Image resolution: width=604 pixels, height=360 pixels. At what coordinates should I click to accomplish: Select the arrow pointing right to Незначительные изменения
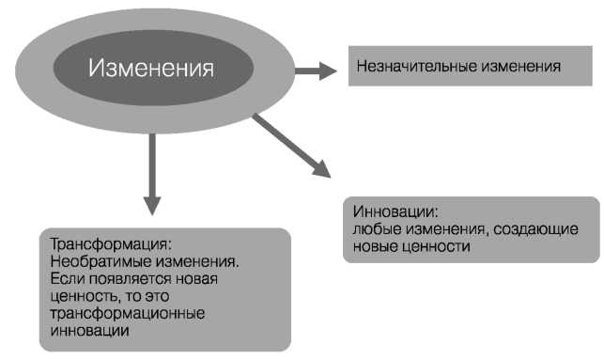point(314,69)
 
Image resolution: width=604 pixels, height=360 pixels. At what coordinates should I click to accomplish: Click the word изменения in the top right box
point(518,67)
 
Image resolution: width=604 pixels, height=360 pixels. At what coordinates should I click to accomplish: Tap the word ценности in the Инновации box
point(431,246)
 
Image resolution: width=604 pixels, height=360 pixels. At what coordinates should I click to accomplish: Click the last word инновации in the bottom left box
point(85,330)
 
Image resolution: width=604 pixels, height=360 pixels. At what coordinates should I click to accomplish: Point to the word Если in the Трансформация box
point(64,279)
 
